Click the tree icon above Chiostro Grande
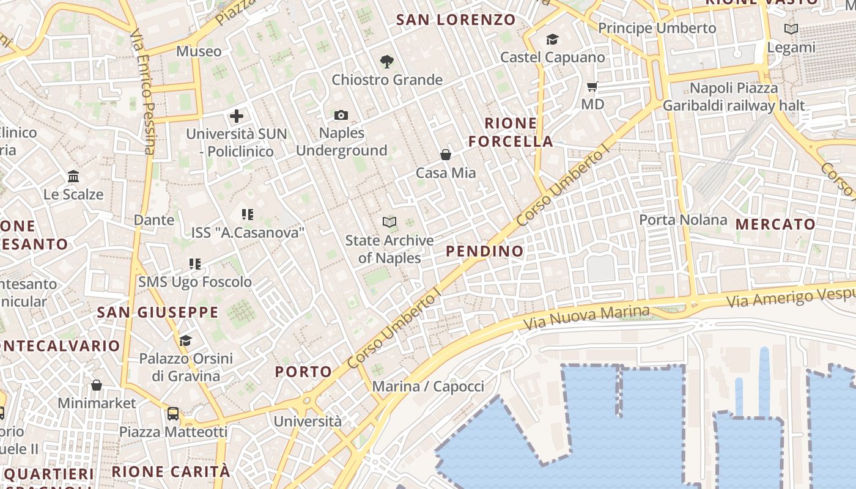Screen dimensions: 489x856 386,61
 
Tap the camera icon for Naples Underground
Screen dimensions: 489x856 341,115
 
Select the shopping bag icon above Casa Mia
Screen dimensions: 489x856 446,155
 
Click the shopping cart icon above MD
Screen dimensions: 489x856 592,86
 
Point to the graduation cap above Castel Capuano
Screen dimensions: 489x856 552,40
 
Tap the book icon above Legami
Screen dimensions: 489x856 791,29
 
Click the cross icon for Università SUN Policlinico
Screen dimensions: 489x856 237,116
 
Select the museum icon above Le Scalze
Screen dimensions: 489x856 73,177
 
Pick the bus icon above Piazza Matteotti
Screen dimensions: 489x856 173,414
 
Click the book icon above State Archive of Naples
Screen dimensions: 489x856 389,222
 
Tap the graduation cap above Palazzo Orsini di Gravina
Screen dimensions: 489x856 185,340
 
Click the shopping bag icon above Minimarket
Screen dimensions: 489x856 97,385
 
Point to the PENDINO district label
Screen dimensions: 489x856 485,251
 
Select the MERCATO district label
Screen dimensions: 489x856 775,224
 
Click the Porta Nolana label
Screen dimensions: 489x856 683,219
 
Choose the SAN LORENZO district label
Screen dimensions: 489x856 456,20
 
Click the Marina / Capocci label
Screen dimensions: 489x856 428,386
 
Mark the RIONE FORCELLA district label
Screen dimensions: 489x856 511,132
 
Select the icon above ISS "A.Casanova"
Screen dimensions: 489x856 247,215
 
